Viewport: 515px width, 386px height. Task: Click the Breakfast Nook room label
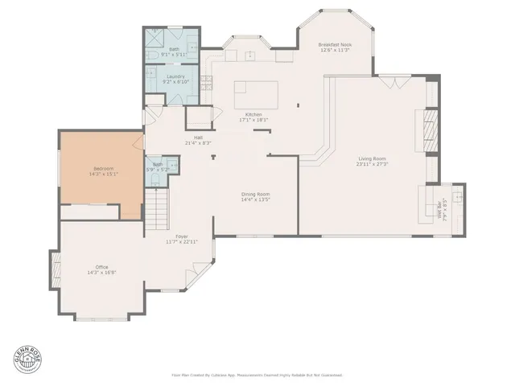[x=335, y=44]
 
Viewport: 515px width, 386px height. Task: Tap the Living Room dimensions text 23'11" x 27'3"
[x=373, y=164]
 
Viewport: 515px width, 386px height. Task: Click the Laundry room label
[x=175, y=76]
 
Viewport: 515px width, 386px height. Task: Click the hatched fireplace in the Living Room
[x=431, y=125]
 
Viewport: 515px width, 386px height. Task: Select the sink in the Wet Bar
[x=458, y=196]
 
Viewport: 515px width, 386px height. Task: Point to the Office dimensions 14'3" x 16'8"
[x=101, y=273]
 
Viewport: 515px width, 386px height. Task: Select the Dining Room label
[x=256, y=194]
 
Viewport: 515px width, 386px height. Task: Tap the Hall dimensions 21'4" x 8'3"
[x=198, y=142]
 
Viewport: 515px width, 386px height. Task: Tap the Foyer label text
[x=182, y=236]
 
